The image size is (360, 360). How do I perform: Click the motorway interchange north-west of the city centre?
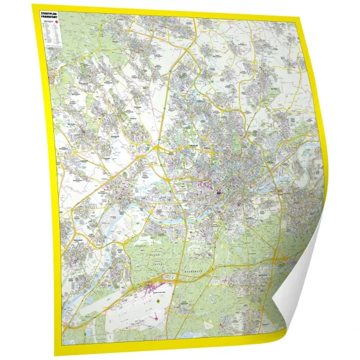[157, 147]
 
